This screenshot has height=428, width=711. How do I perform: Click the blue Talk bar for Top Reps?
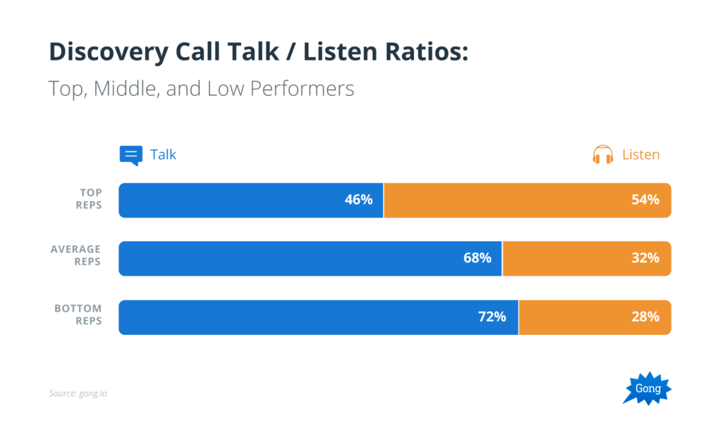point(251,200)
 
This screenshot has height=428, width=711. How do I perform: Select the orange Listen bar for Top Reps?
point(527,200)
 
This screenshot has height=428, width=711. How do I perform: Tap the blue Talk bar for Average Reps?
point(310,258)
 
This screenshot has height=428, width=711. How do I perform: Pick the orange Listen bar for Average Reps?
point(587,258)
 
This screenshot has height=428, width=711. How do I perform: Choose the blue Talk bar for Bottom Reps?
point(318,318)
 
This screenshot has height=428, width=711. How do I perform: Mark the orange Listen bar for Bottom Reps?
point(594,318)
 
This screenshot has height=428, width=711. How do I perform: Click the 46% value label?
point(358,200)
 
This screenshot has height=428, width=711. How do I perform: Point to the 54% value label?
point(645,200)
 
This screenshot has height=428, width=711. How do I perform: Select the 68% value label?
point(477,258)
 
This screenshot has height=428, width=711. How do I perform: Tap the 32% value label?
point(645,258)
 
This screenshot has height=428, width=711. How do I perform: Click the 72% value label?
point(492,318)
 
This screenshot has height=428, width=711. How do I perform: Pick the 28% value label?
point(645,318)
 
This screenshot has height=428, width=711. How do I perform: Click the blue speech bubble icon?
point(131,155)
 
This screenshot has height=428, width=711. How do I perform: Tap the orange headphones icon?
point(603,155)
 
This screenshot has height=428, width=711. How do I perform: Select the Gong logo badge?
point(649,389)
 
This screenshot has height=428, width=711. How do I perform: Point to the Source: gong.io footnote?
point(78,394)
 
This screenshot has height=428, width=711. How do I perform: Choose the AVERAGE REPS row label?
point(76,256)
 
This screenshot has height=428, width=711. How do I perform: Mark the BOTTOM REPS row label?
point(78,315)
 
